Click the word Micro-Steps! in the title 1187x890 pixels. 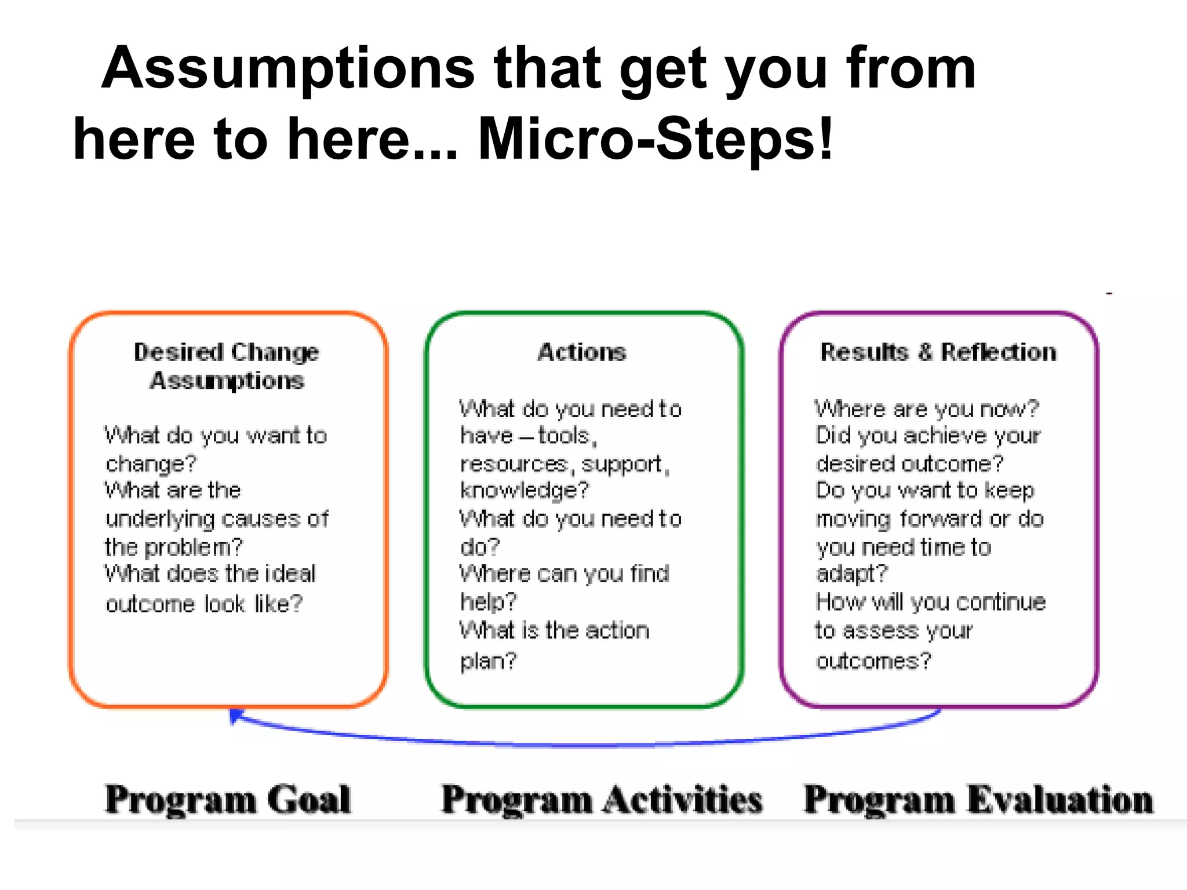click(655, 139)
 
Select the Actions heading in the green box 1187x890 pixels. click(582, 352)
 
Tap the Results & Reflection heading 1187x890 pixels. click(938, 352)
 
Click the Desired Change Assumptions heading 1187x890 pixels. click(227, 366)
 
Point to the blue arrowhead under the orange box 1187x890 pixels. click(235, 716)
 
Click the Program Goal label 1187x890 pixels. click(228, 800)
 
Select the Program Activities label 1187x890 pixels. click(602, 800)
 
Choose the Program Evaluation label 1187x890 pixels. click(978, 800)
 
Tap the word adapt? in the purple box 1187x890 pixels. click(851, 574)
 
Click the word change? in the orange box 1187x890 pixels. click(151, 464)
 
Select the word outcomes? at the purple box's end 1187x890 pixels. click(873, 661)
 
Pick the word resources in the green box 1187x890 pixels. click(514, 464)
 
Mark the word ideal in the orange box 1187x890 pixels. click(289, 574)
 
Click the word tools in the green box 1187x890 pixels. click(564, 436)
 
